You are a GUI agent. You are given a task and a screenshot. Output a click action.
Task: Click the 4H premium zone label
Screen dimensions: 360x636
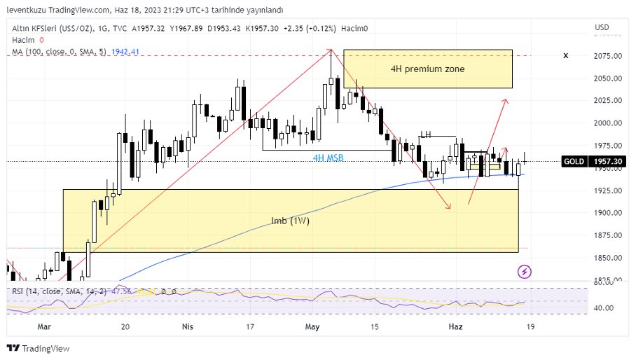pos(427,69)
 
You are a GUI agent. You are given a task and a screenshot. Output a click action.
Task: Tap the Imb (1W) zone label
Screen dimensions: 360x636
pos(290,221)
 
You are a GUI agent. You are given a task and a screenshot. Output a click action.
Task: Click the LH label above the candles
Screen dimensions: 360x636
pos(425,134)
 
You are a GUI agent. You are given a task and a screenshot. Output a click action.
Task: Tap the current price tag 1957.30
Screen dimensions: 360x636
pos(608,162)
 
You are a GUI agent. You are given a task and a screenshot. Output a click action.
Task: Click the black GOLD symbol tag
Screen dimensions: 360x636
pos(574,162)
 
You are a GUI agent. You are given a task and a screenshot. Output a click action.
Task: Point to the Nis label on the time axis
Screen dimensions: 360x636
pos(187,327)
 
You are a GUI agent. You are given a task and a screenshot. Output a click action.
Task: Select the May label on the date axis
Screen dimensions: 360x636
pos(312,327)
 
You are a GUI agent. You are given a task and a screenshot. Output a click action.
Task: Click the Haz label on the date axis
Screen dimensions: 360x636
pos(455,327)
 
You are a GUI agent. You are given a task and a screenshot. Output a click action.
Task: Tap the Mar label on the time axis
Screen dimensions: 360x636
pos(44,327)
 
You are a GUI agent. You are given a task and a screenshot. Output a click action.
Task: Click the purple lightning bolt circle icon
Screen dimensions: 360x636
pos(525,271)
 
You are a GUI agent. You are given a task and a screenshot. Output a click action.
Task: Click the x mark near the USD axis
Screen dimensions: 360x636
pos(565,56)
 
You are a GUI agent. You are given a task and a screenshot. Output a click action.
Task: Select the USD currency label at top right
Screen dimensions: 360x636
pos(602,27)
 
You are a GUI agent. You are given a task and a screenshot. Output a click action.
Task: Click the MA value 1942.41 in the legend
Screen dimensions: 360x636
pos(125,52)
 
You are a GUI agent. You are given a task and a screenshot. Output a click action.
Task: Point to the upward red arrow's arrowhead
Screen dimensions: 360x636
pos(505,102)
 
